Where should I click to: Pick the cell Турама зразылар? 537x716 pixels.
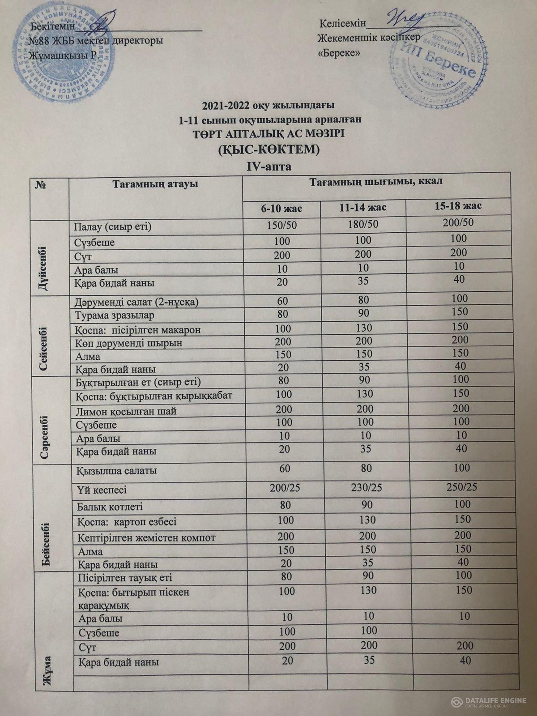point(115,315)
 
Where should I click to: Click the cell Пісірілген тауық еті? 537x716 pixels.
point(125,578)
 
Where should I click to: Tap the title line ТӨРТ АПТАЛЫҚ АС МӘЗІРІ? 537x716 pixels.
point(268,134)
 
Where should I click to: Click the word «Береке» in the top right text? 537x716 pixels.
point(339,53)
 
